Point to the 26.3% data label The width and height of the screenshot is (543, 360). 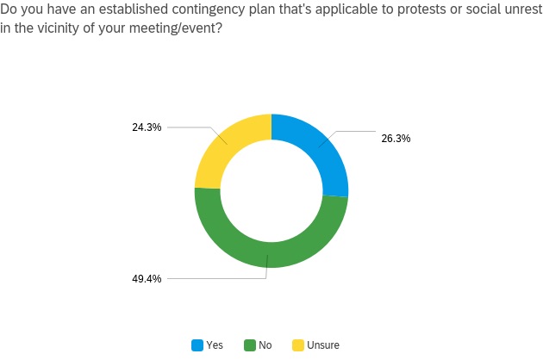[395, 137]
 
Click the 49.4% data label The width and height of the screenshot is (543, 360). [147, 278]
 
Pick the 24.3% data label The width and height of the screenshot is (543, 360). [147, 127]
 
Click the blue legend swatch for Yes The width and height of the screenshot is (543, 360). [197, 345]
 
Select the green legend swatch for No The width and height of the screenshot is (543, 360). [249, 345]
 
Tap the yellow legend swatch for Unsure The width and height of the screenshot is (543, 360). [297, 345]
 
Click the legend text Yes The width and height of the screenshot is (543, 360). [215, 345]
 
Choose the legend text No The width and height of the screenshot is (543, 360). [265, 345]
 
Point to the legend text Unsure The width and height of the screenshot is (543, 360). [323, 345]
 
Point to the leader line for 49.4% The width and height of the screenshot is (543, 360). [215, 278]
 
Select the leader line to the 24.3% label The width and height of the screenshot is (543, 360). [194, 127]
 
